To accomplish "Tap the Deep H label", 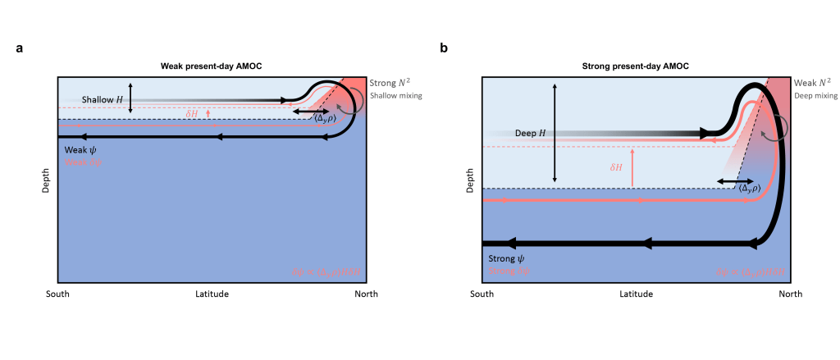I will click(x=531, y=132).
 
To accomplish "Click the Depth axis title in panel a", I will click(x=47, y=180).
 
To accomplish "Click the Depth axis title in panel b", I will click(x=471, y=181).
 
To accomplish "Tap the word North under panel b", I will click(x=790, y=293).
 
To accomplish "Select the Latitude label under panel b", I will click(x=636, y=293).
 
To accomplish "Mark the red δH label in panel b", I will click(x=617, y=167).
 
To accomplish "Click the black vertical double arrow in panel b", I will click(x=555, y=133).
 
